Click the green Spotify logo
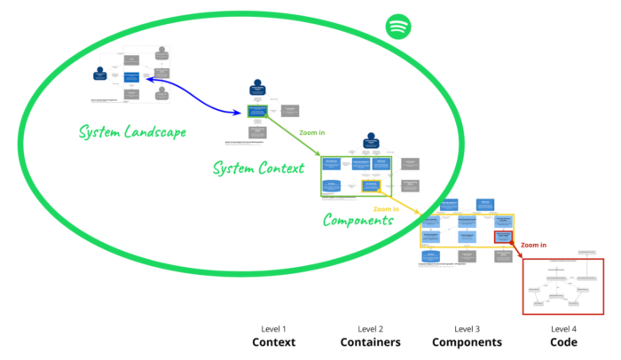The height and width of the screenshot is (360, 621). pos(398,27)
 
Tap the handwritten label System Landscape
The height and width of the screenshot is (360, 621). pos(131,132)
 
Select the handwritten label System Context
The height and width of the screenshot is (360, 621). pos(258,167)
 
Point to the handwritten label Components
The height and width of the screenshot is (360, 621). pos(358,219)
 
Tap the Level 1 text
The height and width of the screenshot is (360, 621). pos(273,328)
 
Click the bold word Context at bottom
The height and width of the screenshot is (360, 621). pos(273,342)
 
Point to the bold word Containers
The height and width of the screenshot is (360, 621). pos(370,342)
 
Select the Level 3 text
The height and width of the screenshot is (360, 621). pos(467,328)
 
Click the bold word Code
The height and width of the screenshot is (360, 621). pos(563,342)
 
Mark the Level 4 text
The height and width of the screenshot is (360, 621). pos(563,328)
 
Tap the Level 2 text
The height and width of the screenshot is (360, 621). pos(370,328)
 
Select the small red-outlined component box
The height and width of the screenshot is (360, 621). pos(503,238)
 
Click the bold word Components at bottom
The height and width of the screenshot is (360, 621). pos(467,342)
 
